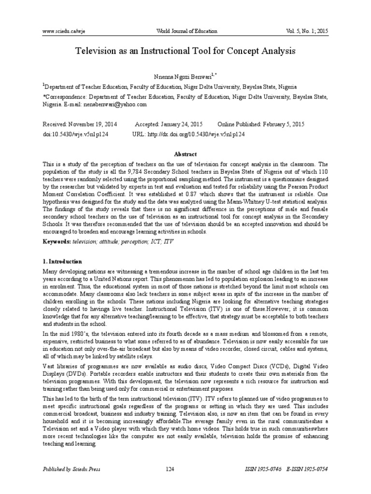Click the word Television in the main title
click(x=98, y=50)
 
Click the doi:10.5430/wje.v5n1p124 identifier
click(x=75, y=134)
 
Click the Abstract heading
click(x=185, y=154)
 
